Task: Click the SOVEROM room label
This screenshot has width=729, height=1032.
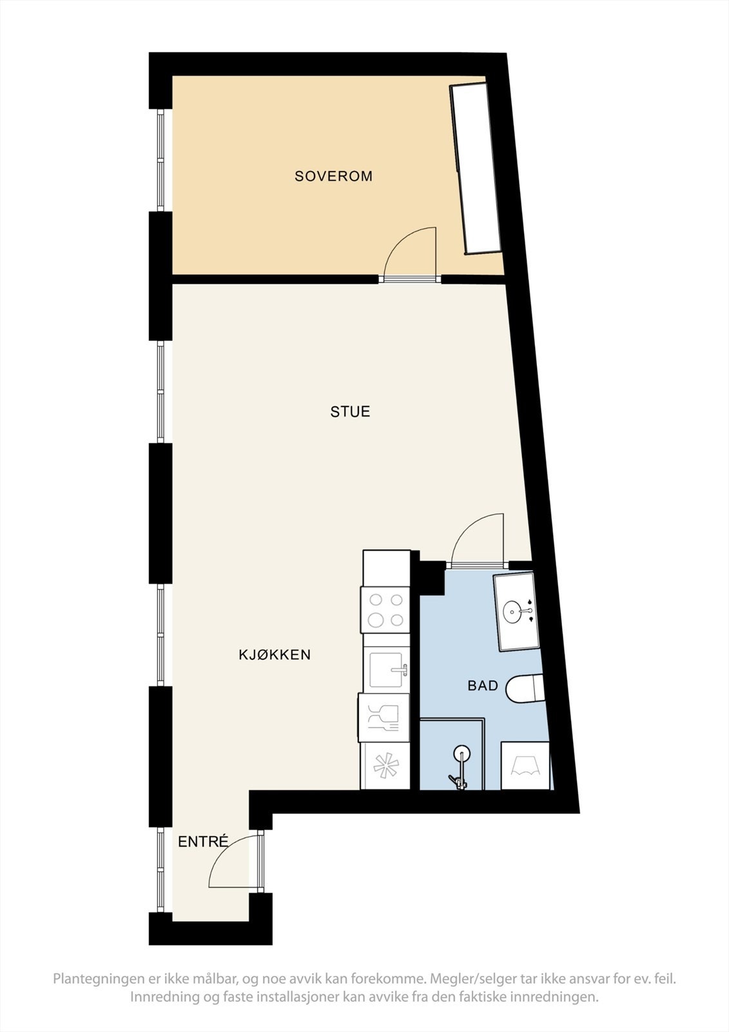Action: click(x=333, y=176)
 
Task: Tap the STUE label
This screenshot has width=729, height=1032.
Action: click(x=350, y=412)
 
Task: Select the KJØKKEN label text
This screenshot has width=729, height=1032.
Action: click(x=275, y=655)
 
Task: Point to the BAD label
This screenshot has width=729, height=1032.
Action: click(x=483, y=686)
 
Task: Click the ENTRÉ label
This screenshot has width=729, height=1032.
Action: click(x=203, y=842)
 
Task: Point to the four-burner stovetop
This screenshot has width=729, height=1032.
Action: click(x=385, y=610)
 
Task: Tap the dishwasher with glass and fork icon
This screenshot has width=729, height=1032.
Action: click(x=385, y=717)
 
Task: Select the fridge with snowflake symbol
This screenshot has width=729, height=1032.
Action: click(x=385, y=766)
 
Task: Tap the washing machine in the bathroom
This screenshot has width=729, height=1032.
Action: click(x=525, y=766)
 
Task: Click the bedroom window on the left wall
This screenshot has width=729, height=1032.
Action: click(x=161, y=160)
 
